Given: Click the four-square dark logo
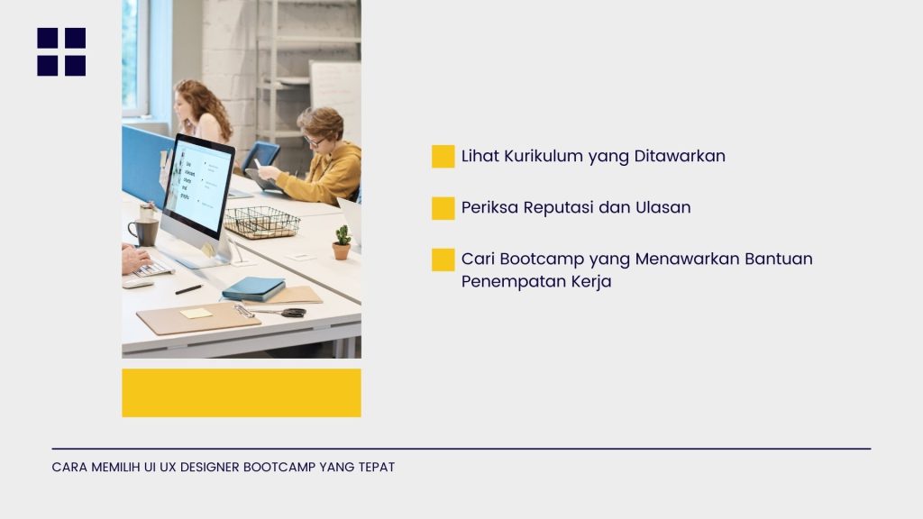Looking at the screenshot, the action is tap(61, 51).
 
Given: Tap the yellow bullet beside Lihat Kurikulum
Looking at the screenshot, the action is tap(443, 157).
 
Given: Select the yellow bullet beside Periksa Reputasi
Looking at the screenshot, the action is tap(443, 208).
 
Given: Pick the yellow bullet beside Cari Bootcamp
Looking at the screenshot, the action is tap(443, 260).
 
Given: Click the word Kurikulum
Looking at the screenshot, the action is tap(544, 156).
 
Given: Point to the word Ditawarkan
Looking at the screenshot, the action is tap(680, 156).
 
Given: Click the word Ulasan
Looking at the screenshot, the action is tap(663, 208).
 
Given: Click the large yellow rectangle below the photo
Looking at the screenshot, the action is tap(242, 393).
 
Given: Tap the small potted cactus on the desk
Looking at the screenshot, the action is tap(342, 242).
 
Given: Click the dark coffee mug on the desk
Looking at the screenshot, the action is tap(143, 232).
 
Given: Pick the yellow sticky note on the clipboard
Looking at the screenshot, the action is tap(196, 313).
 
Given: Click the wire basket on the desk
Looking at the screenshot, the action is tap(262, 223).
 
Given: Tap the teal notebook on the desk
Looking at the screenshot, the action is tap(253, 288).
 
